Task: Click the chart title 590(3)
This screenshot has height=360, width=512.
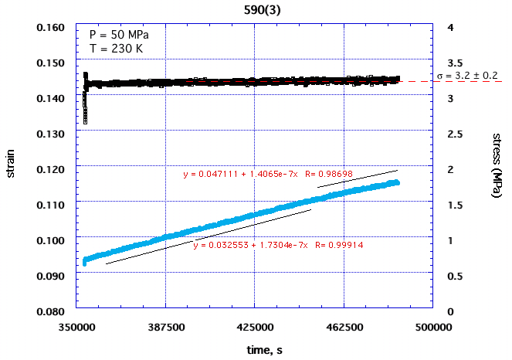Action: click(x=255, y=8)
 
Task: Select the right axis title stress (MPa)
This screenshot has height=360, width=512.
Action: click(x=497, y=164)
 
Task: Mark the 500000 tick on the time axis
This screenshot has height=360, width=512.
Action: click(x=432, y=327)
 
